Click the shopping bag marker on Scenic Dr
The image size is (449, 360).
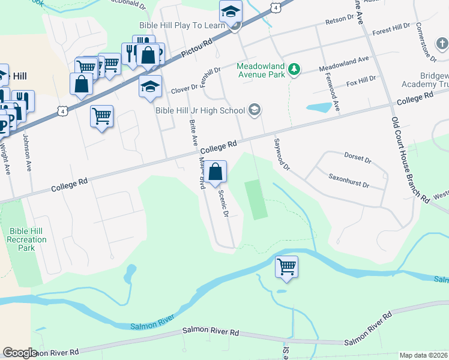(215, 173)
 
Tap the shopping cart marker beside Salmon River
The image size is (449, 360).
(286, 266)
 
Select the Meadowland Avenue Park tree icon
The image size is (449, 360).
(294, 70)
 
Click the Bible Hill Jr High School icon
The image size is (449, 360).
(255, 109)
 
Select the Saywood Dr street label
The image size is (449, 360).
(282, 154)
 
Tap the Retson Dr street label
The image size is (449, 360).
(340, 22)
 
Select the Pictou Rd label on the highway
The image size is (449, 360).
(199, 50)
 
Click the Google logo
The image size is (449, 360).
(20, 353)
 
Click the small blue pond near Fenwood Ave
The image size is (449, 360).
(318, 108)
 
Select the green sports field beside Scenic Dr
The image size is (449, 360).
(255, 199)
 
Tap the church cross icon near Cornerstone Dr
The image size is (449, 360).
(441, 44)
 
